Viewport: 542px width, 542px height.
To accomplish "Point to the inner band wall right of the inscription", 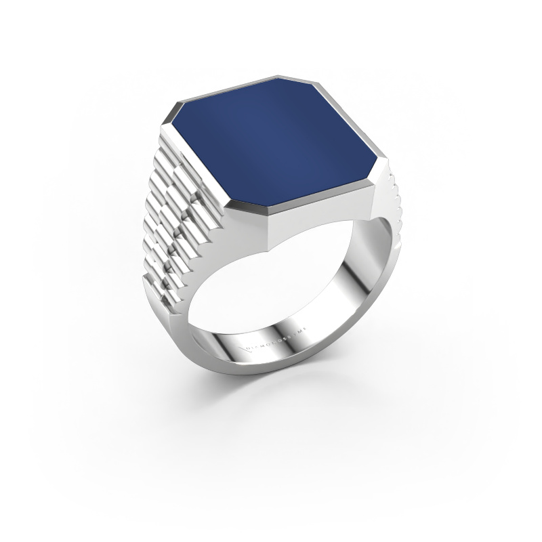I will coord(352,298).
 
